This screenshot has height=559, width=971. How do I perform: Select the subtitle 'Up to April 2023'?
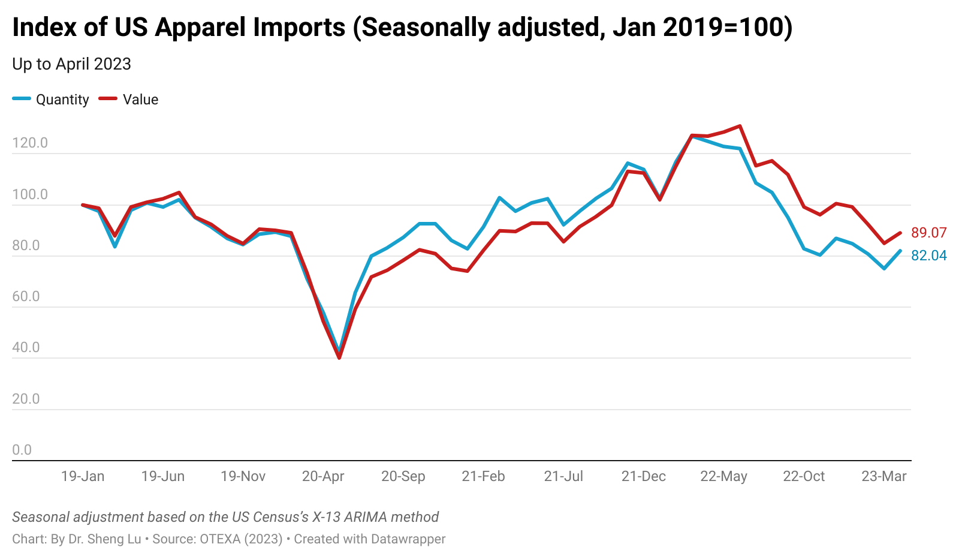[71, 64]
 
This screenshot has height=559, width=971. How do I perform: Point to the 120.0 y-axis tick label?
[30, 143]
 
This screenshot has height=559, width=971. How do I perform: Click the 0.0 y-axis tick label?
[22, 450]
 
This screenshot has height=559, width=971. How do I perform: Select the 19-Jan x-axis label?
[83, 476]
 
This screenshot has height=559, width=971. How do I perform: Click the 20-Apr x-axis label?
[323, 476]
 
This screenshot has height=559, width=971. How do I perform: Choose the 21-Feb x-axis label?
[483, 476]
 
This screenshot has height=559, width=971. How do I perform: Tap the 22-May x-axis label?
[723, 476]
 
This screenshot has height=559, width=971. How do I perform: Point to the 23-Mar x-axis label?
[884, 476]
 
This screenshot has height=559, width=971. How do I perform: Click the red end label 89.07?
[929, 233]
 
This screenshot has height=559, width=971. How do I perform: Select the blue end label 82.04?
[929, 256]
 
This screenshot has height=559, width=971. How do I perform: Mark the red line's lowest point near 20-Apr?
[339, 358]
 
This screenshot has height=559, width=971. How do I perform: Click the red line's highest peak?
[740, 126]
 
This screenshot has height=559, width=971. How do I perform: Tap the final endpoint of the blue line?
[900, 251]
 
